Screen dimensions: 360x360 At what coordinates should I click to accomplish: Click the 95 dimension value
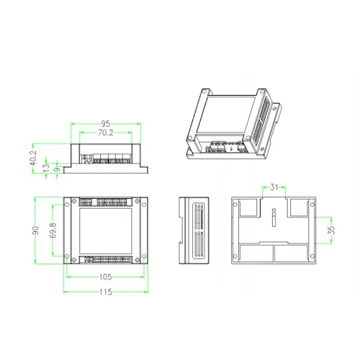coord(105,124)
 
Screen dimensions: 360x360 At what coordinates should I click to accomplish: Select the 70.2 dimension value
coord(105,132)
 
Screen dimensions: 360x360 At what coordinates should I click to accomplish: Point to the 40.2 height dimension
coord(33,158)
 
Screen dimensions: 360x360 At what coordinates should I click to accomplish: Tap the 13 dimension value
coord(47,167)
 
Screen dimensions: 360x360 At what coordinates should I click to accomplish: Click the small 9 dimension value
coord(57,169)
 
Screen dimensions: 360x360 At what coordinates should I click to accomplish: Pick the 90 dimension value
coord(35,230)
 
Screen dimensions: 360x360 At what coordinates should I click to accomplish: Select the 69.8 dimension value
coord(53,230)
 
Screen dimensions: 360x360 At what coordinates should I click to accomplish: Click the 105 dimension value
coord(106,277)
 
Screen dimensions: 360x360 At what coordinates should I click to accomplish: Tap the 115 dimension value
coord(106,292)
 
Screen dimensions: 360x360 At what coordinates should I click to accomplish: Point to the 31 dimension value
coord(274,187)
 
